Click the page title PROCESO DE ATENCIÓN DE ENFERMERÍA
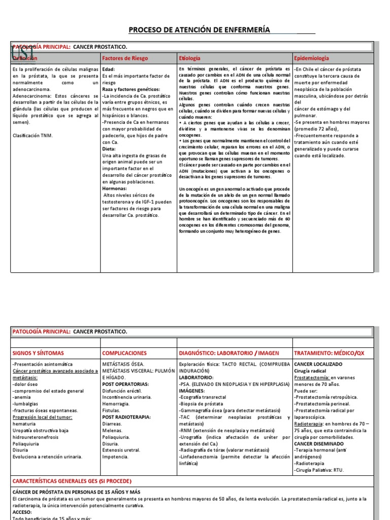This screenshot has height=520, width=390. [x=199, y=30]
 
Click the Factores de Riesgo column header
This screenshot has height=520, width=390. [x=125, y=58]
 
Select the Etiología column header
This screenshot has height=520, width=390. [x=189, y=58]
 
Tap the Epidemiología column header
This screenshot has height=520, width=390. [x=312, y=58]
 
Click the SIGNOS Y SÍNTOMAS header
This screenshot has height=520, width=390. [x=40, y=353]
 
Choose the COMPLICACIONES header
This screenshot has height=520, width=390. [x=124, y=353]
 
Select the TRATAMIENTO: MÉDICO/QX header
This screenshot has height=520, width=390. [x=329, y=353]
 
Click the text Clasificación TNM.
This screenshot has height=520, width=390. [x=32, y=136]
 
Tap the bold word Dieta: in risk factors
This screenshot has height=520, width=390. [x=109, y=149]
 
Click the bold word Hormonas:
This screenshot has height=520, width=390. [x=115, y=188]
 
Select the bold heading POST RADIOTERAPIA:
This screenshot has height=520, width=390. [x=126, y=417]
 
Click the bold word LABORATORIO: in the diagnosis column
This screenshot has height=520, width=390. [x=196, y=377]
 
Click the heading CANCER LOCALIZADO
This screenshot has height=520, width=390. [x=318, y=364]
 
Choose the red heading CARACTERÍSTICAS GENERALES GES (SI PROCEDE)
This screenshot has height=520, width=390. [x=72, y=481]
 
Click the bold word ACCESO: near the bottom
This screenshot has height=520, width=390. [x=23, y=512]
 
